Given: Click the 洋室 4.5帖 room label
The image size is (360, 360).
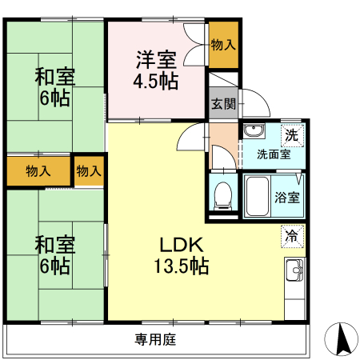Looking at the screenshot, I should click(x=156, y=70).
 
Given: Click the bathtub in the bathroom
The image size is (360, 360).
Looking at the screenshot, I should click(x=258, y=196).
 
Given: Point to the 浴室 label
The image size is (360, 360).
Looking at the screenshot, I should click(x=288, y=197).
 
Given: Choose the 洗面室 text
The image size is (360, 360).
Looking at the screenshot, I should click(x=273, y=154).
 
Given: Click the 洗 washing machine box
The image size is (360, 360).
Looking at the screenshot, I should click(x=293, y=135).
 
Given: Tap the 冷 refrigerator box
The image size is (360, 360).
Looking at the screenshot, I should click(x=293, y=237).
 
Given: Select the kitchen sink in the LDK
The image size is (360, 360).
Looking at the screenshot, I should click(x=294, y=272).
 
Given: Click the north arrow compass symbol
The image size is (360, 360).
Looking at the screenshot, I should click(x=342, y=339).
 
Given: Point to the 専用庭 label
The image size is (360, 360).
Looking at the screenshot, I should click(x=154, y=339).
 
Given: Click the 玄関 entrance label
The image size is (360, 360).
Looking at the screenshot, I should click(x=223, y=103).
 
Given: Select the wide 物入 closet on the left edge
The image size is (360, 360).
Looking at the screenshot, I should click(x=38, y=171).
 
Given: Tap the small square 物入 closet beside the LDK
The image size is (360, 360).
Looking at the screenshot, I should click(x=89, y=171).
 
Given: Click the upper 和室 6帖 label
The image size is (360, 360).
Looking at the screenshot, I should click(x=54, y=87).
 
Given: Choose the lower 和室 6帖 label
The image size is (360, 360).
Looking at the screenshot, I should click(x=54, y=254).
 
